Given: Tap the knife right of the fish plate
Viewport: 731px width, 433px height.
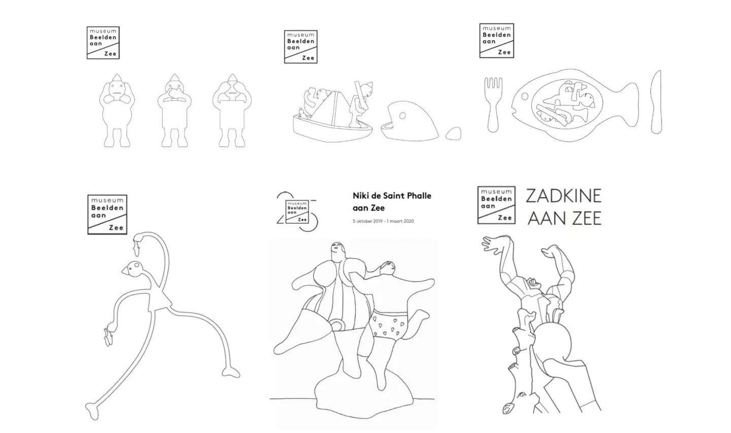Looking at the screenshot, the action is [656, 102].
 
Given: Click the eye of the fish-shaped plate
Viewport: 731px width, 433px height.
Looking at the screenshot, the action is [525, 96].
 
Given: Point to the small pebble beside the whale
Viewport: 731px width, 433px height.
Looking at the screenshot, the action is [454, 134].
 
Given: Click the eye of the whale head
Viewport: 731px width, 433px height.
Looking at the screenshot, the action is [403, 116].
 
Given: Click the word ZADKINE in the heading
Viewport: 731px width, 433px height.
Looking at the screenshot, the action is [563, 196].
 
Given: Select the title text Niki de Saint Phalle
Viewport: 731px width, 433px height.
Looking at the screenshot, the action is [392, 196].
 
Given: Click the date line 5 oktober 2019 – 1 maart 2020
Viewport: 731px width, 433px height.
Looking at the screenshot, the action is [383, 221].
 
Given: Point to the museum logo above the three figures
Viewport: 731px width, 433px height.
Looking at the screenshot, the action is [103, 43].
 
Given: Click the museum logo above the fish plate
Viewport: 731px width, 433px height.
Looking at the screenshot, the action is [496, 41].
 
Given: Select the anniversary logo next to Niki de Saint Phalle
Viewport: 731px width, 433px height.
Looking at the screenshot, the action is [297, 212].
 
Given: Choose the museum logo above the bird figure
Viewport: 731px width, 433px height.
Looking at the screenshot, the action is [108, 214].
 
